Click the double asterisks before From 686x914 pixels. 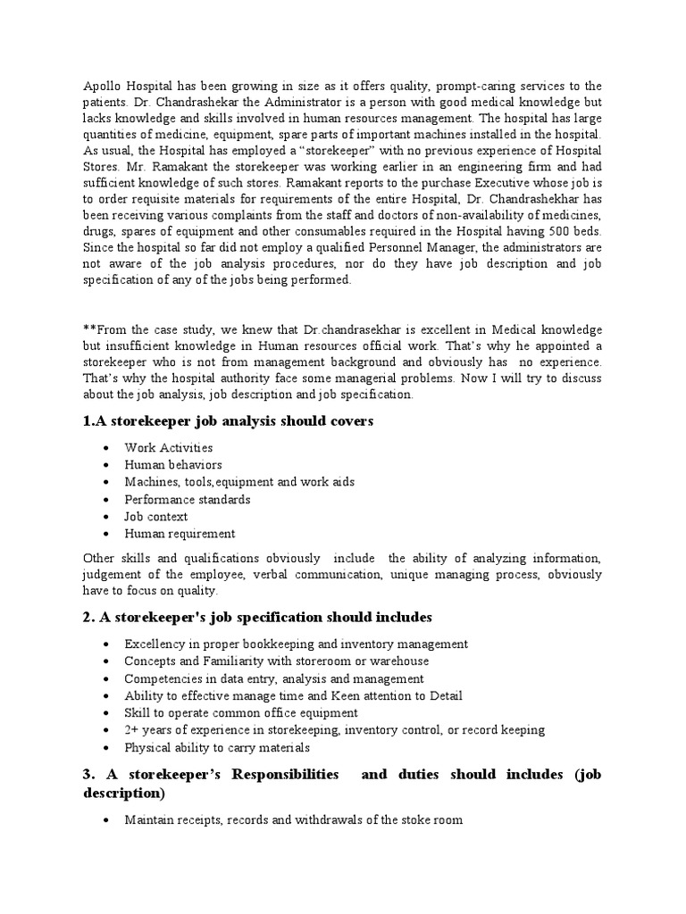coord(88,329)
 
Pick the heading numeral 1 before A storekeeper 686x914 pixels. coord(87,420)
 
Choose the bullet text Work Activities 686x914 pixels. coord(168,447)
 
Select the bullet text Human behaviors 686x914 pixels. coord(173,465)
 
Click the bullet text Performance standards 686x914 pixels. coord(188,499)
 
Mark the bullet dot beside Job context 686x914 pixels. coord(107,517)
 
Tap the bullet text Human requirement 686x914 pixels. coord(180,534)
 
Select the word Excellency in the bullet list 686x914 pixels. coord(154,644)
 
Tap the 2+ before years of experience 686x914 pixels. coord(132,730)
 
